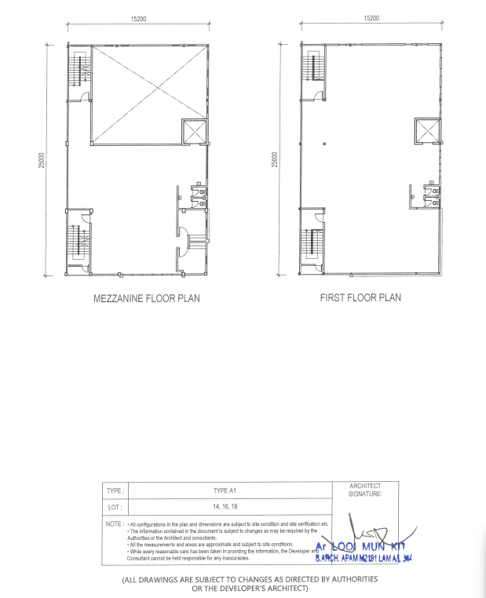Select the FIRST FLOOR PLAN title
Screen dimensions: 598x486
point(360,298)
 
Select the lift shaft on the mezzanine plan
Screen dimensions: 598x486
point(194,132)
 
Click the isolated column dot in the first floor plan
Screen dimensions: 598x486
point(324,145)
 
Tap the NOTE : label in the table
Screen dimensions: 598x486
point(115,523)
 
